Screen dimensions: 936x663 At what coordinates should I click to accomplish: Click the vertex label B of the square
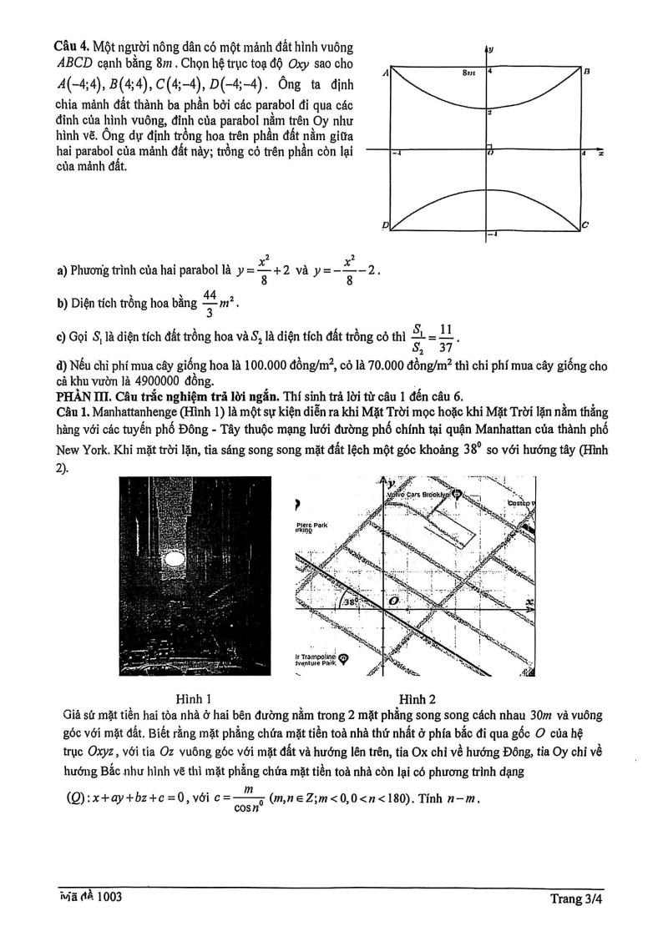[x=587, y=72]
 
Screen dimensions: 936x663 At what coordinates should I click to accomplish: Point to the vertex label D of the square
[x=386, y=225]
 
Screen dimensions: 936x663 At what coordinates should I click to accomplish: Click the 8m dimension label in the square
[x=468, y=73]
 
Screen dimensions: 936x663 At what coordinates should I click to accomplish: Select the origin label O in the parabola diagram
[x=491, y=153]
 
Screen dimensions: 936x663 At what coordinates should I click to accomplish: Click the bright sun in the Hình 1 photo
[x=175, y=557]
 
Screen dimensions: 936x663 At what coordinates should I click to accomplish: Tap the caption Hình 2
[x=418, y=698]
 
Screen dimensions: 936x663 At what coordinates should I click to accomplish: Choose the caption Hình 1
[x=194, y=698]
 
